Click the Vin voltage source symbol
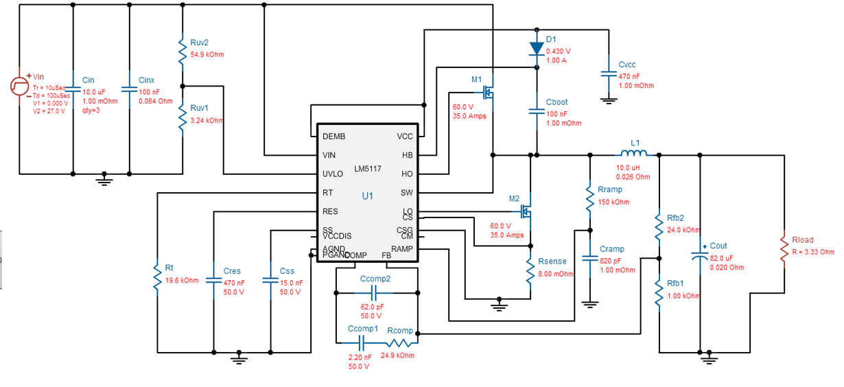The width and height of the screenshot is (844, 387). coord(19,85)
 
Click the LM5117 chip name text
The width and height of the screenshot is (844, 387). coord(368,169)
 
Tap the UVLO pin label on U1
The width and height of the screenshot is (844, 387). coord(333,174)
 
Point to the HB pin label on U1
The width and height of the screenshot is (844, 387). coord(408,156)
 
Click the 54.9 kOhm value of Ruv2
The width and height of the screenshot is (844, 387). coord(207,55)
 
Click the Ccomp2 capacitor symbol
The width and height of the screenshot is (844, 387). coord(375,293)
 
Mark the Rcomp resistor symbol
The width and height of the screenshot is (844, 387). coord(399,342)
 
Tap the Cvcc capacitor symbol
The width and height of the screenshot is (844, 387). coord(608,73)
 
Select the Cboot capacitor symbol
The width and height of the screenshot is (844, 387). coord(537,111)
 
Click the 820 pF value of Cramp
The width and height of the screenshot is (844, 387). coord(611,261)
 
